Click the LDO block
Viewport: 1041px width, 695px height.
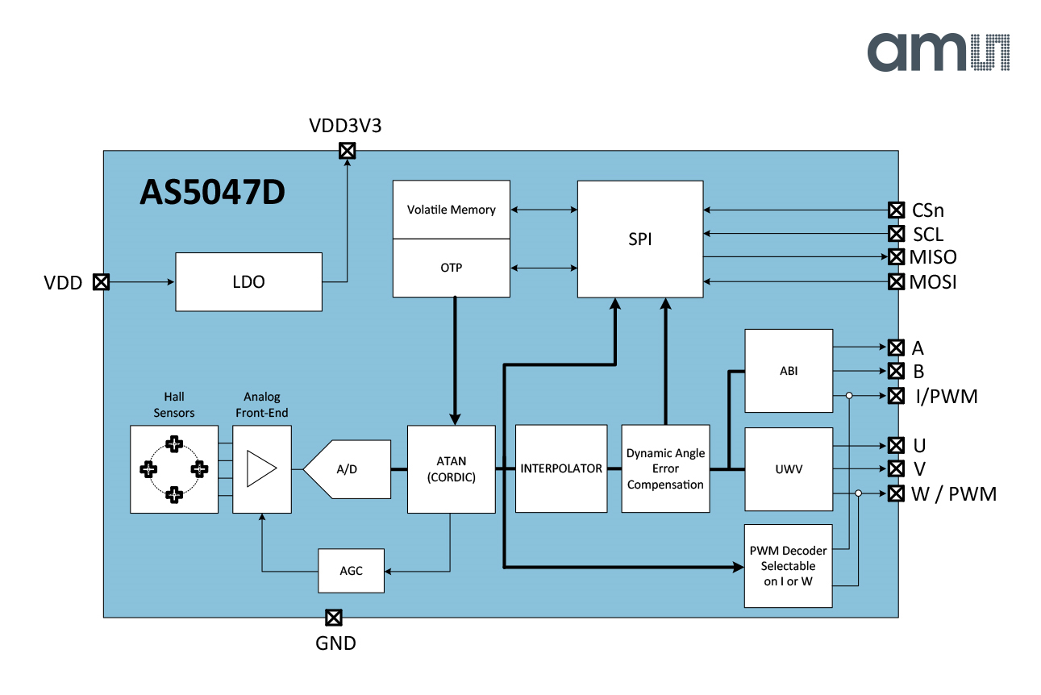coord(248,282)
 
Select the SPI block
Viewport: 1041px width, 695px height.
coord(640,239)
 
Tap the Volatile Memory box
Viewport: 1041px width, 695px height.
coord(451,210)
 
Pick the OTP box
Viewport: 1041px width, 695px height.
coord(451,268)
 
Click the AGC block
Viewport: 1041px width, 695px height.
coord(351,570)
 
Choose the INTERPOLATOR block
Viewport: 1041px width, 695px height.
coord(561,468)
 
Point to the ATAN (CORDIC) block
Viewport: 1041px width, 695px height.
coord(451,468)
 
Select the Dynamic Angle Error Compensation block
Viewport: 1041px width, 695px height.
coord(665,468)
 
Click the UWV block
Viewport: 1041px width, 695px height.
coord(789,469)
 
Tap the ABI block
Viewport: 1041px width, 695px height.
coord(789,371)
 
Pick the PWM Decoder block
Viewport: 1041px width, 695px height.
coord(788,565)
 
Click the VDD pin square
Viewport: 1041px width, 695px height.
coord(101,282)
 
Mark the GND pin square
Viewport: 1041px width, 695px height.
coord(333,618)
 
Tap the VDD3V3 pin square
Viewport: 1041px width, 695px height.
coord(347,151)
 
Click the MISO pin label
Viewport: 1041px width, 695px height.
coord(933,258)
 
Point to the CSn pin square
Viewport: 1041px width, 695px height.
coord(896,210)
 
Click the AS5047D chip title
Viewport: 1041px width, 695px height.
coord(213,193)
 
